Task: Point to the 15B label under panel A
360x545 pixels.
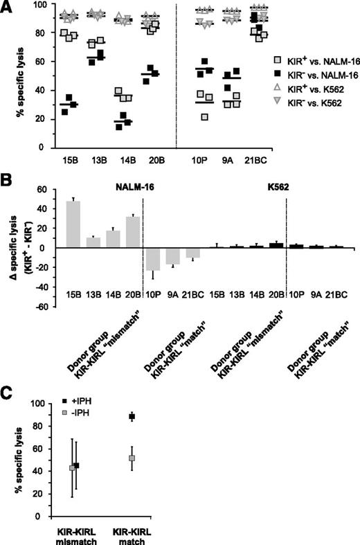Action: (x=69, y=166)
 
